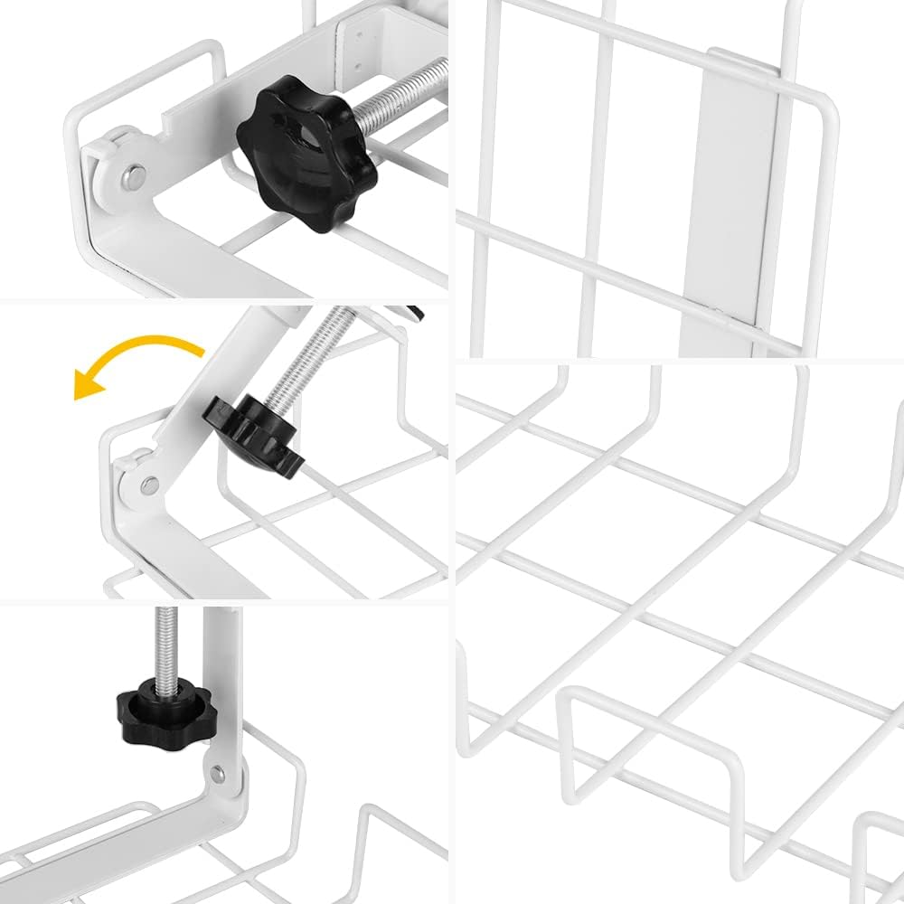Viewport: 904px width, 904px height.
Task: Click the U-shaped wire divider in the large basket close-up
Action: (651, 750)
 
